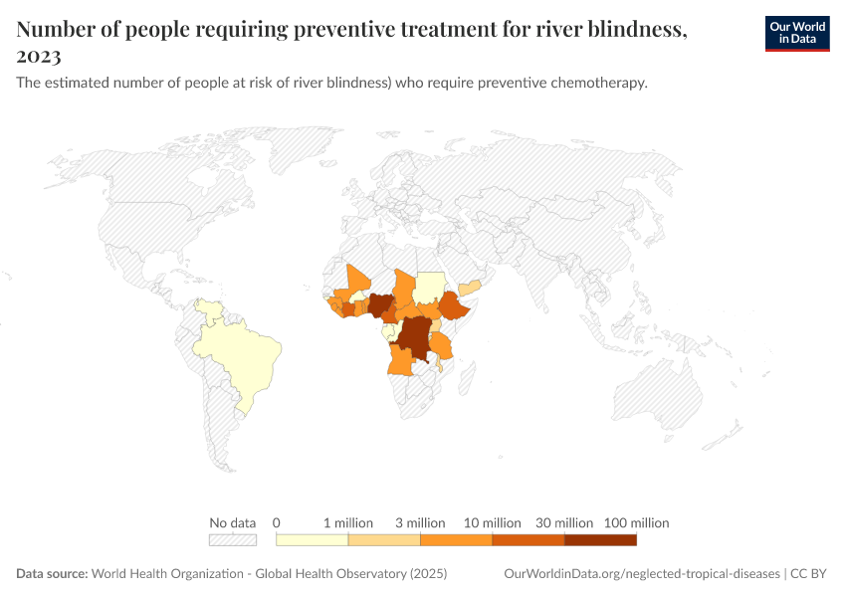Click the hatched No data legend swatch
[233, 540]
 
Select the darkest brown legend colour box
[600, 540]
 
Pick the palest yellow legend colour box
[312, 540]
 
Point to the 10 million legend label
[493, 522]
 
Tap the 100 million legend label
[636, 522]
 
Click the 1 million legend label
[348, 522]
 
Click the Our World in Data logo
[797, 33]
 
